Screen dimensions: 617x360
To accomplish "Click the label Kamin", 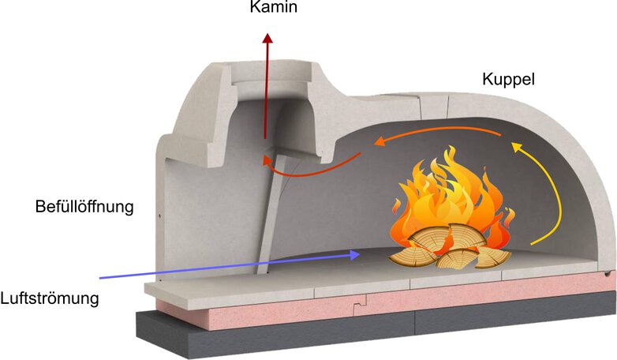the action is coord(274,6).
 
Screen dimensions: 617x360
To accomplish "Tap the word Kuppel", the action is coord(508,80).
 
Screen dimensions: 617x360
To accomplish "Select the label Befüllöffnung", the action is coord(84,206).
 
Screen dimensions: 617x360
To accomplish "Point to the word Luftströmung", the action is coord(50,298).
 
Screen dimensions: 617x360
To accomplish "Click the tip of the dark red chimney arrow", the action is coord(267,33).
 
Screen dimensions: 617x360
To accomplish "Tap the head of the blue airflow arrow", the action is coord(355,254).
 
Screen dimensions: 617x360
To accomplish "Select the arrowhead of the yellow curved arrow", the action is coord(516,147).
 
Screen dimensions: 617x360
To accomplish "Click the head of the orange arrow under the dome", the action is coord(379,141).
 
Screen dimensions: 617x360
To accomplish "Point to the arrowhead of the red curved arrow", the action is coord(267,160).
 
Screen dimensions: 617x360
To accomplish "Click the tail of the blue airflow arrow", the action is coord(100,278).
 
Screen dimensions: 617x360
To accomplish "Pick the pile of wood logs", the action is coord(450,247).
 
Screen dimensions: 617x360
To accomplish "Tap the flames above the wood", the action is coord(453,197).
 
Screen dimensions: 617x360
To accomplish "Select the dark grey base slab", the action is coord(374,327).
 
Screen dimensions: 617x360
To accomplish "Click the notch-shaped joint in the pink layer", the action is coord(360,306).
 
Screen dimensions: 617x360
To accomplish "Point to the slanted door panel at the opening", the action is coord(271,208).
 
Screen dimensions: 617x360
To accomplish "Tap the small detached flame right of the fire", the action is coord(510,217).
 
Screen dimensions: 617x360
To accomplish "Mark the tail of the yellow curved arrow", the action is coord(531,245).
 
